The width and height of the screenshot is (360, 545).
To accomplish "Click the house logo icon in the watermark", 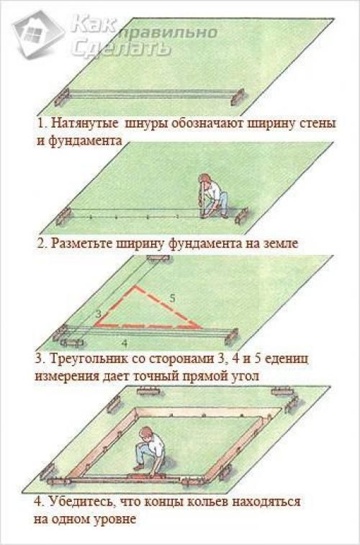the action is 38,33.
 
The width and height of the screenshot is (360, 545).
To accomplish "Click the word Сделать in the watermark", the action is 121,48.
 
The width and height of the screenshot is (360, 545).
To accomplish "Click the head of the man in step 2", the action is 205,179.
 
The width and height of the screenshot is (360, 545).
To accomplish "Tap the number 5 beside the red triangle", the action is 172,298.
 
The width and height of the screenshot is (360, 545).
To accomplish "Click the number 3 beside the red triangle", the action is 99,313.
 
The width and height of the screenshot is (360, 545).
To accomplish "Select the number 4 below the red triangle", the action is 125,343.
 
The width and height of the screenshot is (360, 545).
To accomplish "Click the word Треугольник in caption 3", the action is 84,359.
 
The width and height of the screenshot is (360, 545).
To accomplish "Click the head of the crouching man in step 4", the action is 146,433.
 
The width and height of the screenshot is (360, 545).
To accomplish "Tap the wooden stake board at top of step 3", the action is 158,258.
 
